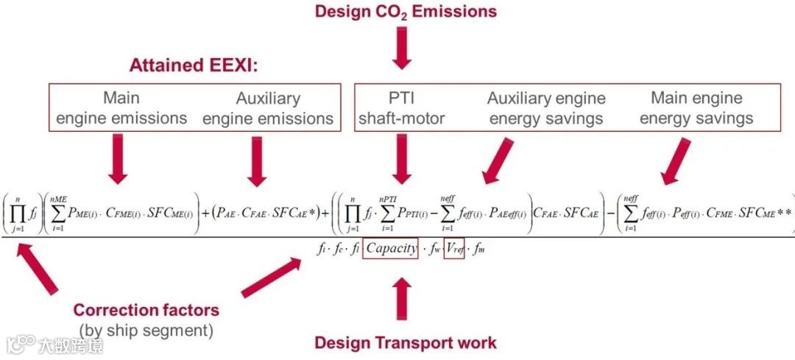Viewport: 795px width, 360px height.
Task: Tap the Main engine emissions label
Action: coord(121,107)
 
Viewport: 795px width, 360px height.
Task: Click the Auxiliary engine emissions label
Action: coord(268,107)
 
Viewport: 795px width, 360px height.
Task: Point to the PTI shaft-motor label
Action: coord(402,107)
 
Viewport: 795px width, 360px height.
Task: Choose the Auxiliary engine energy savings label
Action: coord(546,107)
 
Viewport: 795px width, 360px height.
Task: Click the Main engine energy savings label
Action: coord(696,107)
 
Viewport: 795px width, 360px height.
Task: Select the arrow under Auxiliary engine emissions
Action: coord(256,160)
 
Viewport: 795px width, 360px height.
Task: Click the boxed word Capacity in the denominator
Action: coord(391,249)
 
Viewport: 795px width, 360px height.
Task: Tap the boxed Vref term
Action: coord(454,249)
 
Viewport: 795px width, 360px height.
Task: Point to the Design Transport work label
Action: coord(406,342)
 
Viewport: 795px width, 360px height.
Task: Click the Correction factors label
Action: coord(146,310)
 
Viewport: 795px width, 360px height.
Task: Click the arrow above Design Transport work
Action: coord(401,300)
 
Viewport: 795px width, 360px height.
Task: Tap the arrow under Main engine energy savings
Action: coord(676,161)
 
